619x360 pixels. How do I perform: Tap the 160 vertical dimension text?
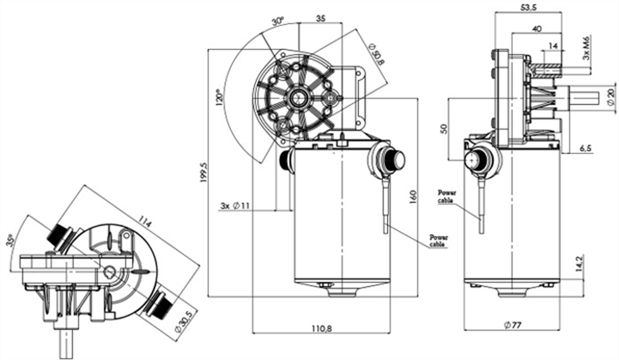[412, 197]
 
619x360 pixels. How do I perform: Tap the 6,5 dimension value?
[585, 148]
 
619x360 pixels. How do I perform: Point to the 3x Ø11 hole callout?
[234, 207]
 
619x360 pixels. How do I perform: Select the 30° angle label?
[278, 21]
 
